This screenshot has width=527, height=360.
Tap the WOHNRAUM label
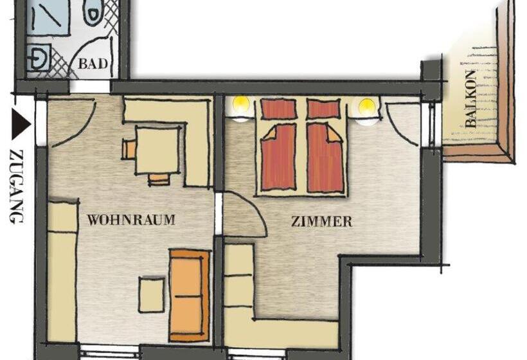131,220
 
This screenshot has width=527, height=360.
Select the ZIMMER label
321,222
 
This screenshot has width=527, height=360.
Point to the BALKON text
471,102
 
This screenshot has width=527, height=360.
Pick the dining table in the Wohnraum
157,150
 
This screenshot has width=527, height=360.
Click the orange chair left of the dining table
129,150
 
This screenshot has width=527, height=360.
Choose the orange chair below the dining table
159,179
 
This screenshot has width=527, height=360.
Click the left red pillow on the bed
278,109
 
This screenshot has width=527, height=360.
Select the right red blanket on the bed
325,157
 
